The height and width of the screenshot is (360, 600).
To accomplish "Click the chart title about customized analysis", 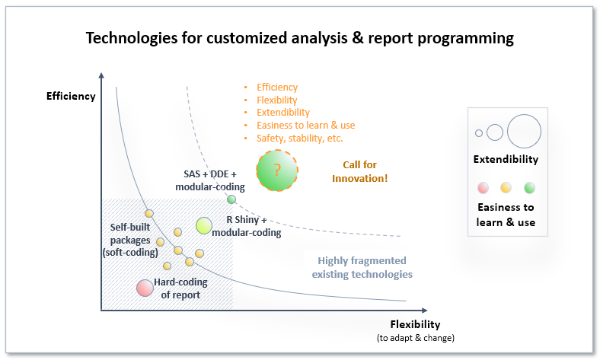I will (299, 37).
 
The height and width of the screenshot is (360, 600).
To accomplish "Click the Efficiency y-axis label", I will (71, 96).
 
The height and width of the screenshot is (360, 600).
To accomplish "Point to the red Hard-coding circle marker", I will (145, 288).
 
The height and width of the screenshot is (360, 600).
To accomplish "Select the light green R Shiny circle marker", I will (204, 225).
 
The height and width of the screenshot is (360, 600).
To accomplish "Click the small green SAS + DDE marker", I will (231, 199).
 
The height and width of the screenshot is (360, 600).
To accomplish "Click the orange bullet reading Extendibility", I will (282, 113).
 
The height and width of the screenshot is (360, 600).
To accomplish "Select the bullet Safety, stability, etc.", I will (299, 139).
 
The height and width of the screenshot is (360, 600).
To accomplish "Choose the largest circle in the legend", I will (523, 130).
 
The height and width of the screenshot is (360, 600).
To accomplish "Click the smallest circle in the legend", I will (479, 133).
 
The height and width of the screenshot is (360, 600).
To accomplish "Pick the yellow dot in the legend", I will (505, 187).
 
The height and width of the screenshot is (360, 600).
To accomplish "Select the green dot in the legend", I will (529, 187).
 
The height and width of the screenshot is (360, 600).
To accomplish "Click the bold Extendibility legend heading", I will (505, 160).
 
